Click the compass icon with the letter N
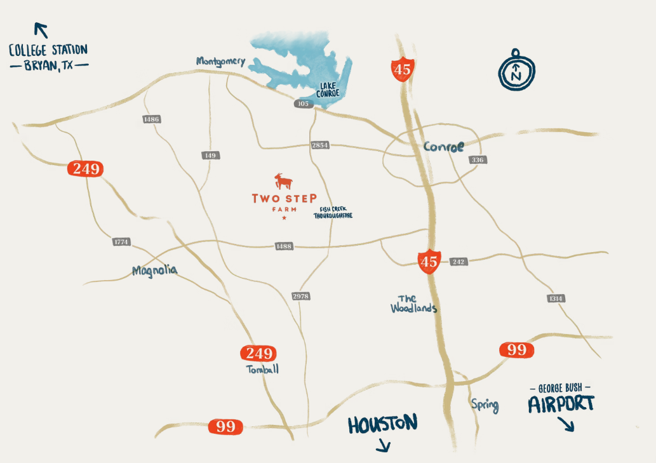coord(516,70)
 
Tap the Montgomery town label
coord(220,61)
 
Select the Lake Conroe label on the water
coord(328,90)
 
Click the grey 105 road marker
coord(304,103)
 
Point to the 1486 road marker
coord(152,119)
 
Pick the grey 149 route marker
coord(210,156)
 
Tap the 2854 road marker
coord(321,145)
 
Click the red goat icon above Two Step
coord(284,182)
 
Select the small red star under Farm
coord(284,218)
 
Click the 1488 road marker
coord(283,246)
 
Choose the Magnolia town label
coord(155,271)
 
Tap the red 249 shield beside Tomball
coord(258,354)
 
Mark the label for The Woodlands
coord(413,304)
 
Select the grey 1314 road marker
coord(556,299)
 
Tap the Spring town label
coord(485,405)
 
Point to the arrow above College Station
coord(41,30)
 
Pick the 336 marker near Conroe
coord(478,160)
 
